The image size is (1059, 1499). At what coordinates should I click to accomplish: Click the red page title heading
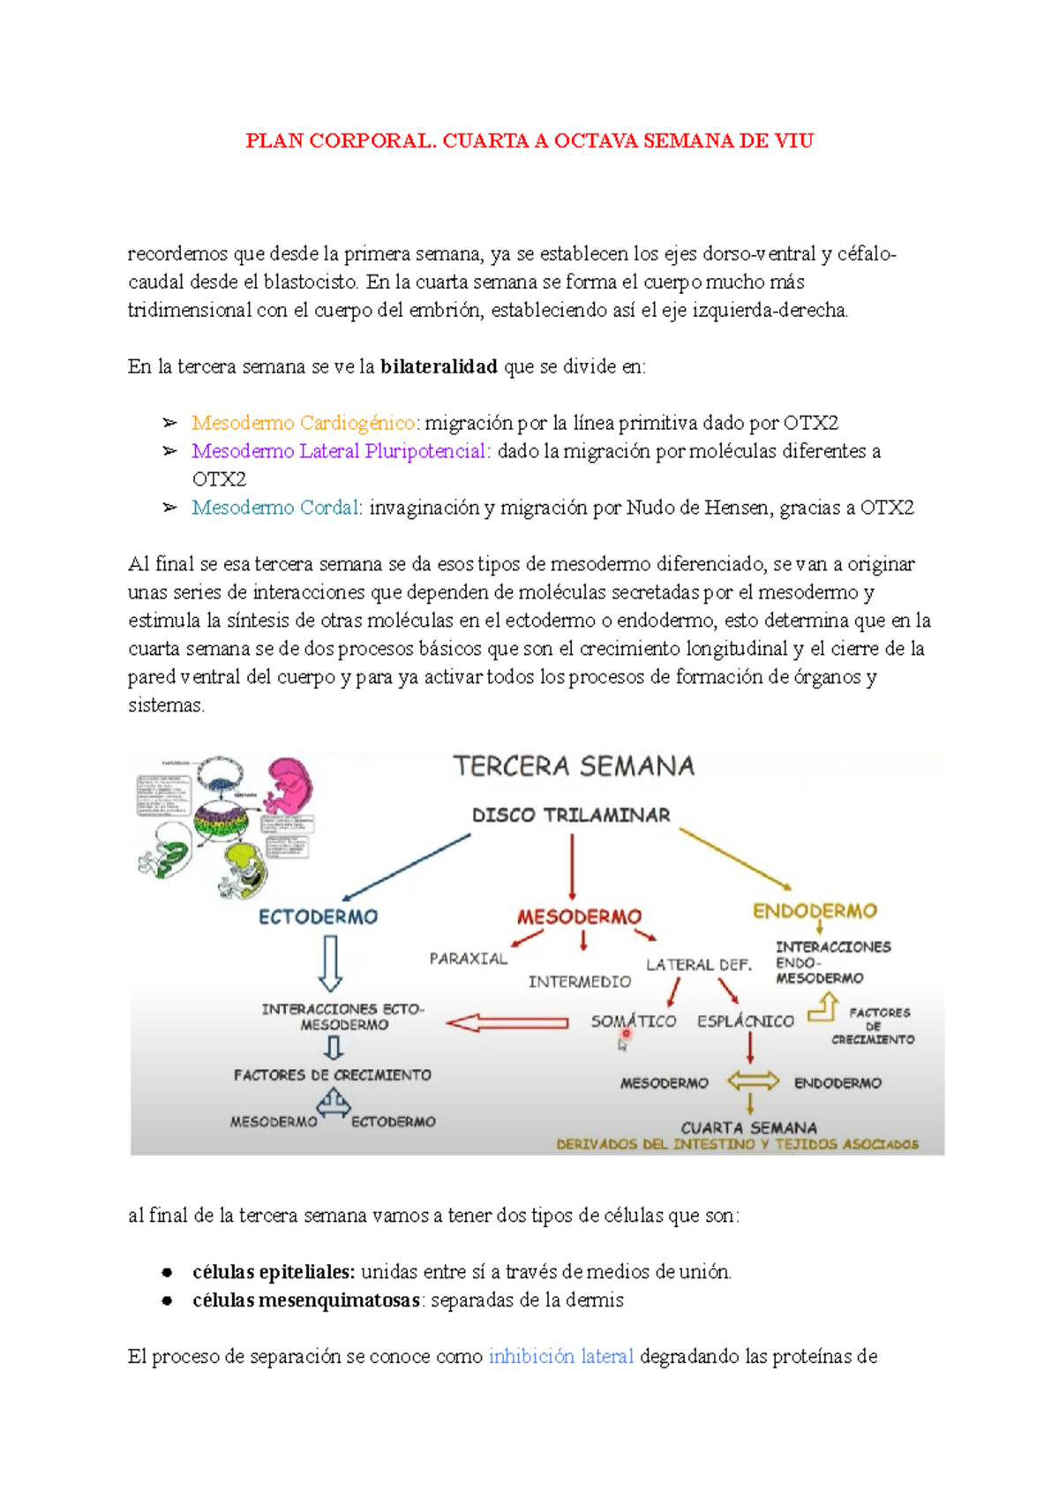point(529,140)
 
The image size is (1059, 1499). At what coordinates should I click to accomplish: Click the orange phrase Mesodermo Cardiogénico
point(303,423)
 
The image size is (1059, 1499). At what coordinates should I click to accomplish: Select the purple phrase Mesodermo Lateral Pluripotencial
point(339,451)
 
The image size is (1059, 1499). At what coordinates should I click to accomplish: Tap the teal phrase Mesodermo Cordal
point(275,508)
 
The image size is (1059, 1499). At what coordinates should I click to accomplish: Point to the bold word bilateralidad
point(439,366)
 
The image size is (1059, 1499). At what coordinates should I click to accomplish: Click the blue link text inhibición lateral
point(561,1356)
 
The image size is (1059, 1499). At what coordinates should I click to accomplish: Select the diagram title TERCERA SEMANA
point(574,765)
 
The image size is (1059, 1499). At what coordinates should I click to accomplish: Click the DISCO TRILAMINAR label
point(571,815)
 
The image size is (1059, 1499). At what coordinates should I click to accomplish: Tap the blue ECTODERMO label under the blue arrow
point(318,916)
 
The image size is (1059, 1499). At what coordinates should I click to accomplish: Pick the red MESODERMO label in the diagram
point(579,916)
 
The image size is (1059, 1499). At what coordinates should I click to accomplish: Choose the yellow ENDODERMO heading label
point(815,911)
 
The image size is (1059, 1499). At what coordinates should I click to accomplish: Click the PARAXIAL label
point(469,959)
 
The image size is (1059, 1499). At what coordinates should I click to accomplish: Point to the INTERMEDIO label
point(580,982)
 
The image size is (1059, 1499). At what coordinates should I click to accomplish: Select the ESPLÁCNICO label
point(746,1021)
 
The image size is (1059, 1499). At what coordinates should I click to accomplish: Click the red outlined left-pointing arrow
point(507,1023)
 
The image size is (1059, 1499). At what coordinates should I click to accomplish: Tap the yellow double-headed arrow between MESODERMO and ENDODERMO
point(753,1081)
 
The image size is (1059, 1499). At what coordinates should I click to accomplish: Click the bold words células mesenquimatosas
point(305,1299)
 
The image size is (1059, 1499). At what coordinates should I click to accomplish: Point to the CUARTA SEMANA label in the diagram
point(748,1127)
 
